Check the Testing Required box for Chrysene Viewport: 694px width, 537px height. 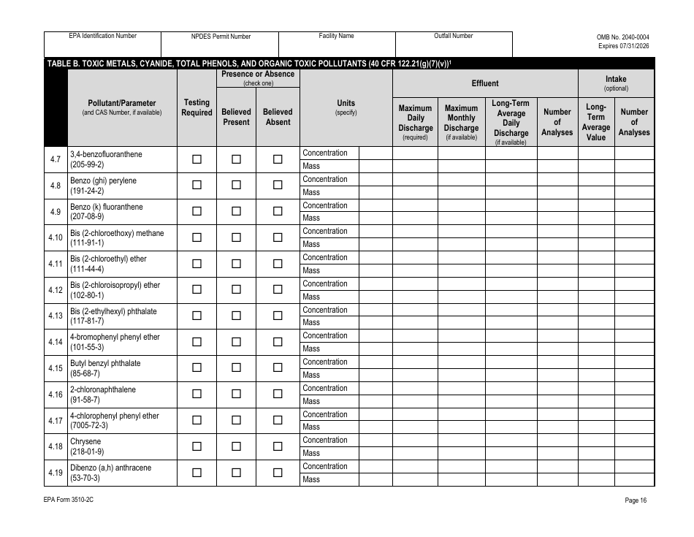tap(197, 446)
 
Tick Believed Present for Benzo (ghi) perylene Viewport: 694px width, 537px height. tap(236, 186)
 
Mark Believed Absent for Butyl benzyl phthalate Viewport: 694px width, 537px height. tap(278, 368)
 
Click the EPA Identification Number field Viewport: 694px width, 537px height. tap(103, 45)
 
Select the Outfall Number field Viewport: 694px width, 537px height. tap(454, 45)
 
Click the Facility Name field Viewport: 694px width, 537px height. tap(337, 45)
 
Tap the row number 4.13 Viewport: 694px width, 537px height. tap(56, 316)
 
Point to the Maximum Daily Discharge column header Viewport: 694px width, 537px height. tap(415, 122)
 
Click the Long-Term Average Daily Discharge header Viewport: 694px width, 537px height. tap(511, 122)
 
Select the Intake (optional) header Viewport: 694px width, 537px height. tap(616, 83)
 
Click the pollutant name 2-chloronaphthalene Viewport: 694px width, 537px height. tap(103, 389)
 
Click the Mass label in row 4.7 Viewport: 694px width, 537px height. tap(311, 166)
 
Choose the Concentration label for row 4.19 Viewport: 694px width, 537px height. tap(325, 466)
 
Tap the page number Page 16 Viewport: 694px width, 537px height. tap(636, 500)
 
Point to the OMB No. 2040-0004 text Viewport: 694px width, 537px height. tap(623, 37)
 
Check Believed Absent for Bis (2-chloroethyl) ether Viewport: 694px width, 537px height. tap(278, 264)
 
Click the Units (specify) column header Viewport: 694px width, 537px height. tap(346, 107)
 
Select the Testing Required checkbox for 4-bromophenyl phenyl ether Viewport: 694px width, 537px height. tap(197, 342)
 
